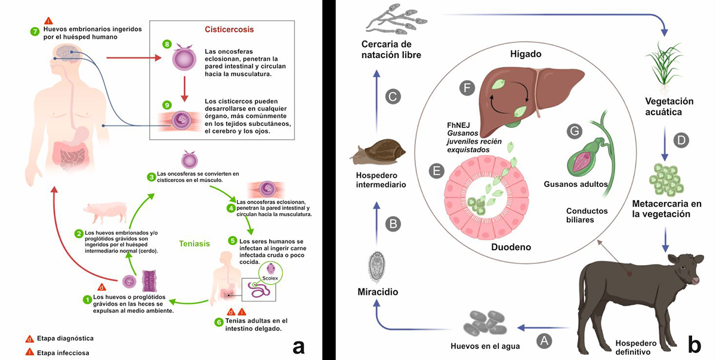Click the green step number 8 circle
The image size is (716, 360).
[x=167, y=44]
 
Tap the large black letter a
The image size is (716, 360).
[x=298, y=345]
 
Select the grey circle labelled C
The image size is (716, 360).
[x=393, y=97]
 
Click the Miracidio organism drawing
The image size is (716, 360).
[x=376, y=265]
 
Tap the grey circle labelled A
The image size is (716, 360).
[x=544, y=340]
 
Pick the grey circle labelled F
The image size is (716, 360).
[x=468, y=88]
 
